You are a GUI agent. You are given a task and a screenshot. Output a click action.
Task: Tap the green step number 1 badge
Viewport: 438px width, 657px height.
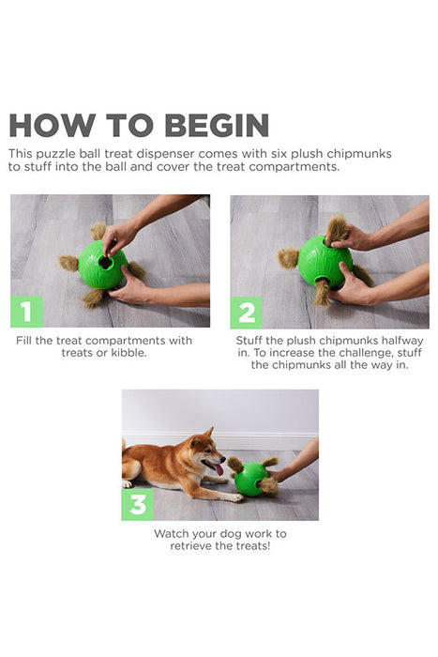(x=26, y=311)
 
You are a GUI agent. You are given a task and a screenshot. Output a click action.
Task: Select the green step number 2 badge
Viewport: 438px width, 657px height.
(x=247, y=312)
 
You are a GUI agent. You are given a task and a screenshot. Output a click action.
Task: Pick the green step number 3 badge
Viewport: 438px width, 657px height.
(x=137, y=504)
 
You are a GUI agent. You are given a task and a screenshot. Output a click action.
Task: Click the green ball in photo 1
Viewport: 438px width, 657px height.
(x=103, y=266)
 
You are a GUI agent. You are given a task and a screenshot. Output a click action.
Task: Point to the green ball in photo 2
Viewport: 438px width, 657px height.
(x=324, y=262)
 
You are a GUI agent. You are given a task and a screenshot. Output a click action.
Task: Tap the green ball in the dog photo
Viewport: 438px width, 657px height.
(x=249, y=479)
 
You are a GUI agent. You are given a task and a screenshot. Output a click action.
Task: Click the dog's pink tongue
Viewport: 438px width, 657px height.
(x=219, y=467)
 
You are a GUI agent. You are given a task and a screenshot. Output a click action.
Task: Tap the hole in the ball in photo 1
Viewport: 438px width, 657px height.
(x=105, y=263)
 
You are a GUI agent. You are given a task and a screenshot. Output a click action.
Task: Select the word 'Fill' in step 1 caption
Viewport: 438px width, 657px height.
(x=25, y=340)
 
